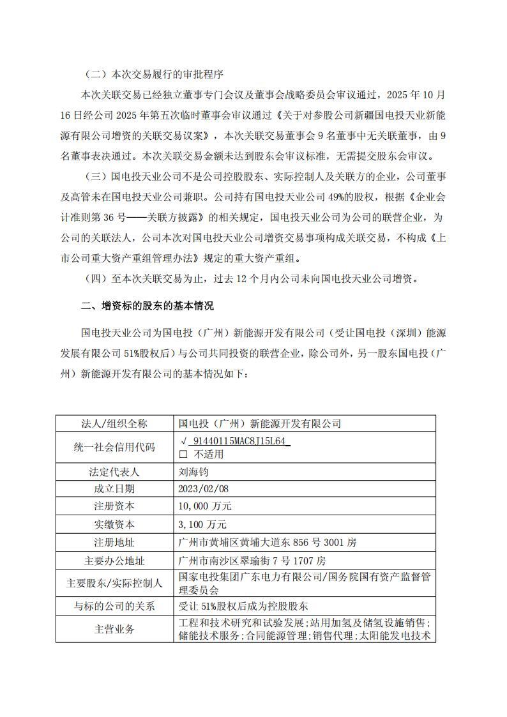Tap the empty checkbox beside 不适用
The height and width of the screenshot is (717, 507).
click(184, 454)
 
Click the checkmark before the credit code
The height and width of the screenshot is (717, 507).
click(184, 441)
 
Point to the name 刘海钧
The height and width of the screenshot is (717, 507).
click(194, 472)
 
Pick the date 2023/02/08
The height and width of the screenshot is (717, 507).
click(204, 488)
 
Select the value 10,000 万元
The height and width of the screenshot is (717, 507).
click(206, 506)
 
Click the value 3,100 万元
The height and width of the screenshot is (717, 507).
click(204, 524)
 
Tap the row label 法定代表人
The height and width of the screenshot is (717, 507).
click(114, 472)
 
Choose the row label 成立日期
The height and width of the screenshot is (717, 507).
click(114, 488)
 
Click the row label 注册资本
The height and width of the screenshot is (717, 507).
click(114, 506)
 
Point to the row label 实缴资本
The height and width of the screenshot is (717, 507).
click(114, 524)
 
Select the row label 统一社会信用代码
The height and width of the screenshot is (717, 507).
click(114, 448)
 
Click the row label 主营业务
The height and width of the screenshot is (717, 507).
click(114, 629)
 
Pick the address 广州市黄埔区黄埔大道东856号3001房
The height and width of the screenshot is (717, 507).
click(269, 542)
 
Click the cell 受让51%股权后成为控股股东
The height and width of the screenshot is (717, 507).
click(244, 606)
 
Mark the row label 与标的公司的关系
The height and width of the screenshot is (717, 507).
click(114, 606)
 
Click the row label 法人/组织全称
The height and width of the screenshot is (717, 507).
click(114, 423)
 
